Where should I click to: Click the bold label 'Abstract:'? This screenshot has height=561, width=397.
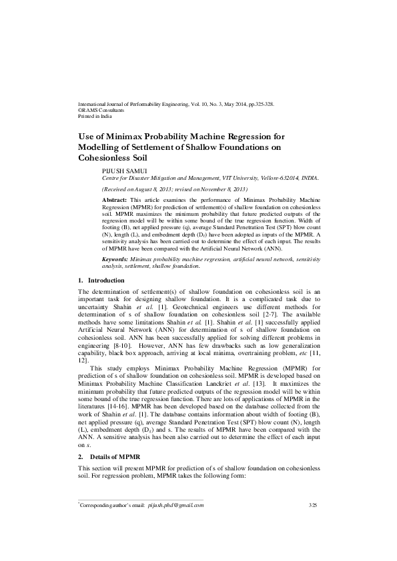tap(115, 200)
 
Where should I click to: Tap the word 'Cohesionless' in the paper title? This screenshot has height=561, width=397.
tap(111, 158)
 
